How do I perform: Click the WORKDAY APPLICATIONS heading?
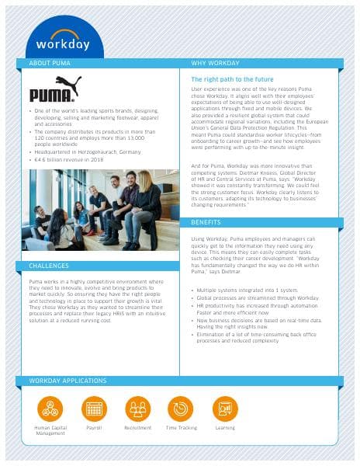pyautogui.click(x=67, y=381)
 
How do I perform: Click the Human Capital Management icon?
pyautogui.click(x=50, y=409)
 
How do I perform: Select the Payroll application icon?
pyautogui.click(x=95, y=409)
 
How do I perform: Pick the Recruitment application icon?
pyautogui.click(x=138, y=409)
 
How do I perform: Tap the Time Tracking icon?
pyautogui.click(x=181, y=409)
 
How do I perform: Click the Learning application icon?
pyautogui.click(x=225, y=409)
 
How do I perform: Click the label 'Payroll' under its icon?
pyautogui.click(x=95, y=428)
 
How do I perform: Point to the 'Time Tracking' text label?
pyautogui.click(x=181, y=428)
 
